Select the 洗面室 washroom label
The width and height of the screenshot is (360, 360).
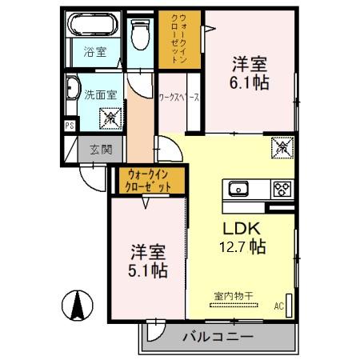[x=101, y=94]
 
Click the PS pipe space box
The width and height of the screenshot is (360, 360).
[x=69, y=126]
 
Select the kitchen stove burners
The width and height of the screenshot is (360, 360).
[x=282, y=190]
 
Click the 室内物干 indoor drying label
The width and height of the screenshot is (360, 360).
[x=234, y=297]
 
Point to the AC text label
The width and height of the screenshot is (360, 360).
[x=279, y=306]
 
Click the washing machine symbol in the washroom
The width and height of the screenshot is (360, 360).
[x=109, y=118]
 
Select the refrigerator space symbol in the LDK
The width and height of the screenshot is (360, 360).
[x=283, y=147]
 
